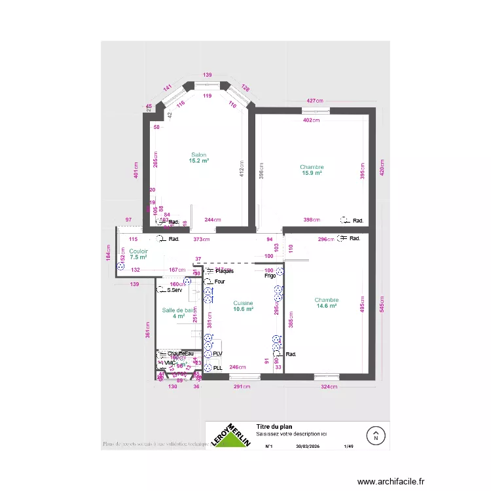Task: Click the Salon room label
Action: click(198, 155)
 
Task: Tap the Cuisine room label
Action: click(243, 303)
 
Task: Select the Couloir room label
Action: click(138, 251)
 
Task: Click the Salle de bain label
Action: click(179, 310)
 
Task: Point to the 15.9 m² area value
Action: click(312, 173)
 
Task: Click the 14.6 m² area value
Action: click(326, 306)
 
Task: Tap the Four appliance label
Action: click(220, 282)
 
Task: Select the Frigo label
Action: click(270, 276)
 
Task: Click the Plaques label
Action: click(224, 271)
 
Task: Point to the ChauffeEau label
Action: click(181, 354)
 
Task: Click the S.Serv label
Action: click(173, 290)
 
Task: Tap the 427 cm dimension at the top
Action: click(315, 101)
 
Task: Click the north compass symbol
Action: click(376, 434)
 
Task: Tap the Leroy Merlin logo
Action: click(231, 435)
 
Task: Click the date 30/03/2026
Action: click(307, 446)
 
